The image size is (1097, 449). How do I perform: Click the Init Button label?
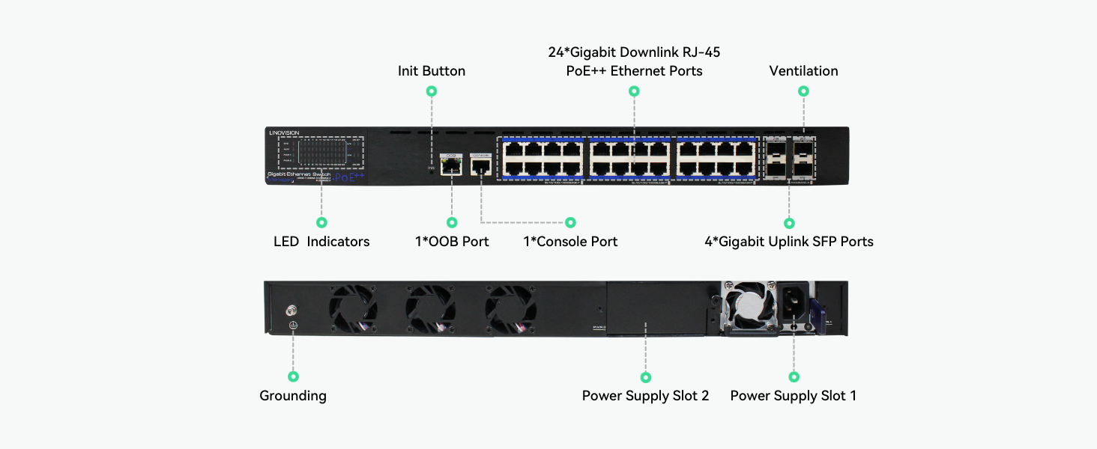click(x=431, y=71)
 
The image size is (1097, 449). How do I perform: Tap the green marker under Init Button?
click(x=431, y=91)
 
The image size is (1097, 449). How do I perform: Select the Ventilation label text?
click(x=803, y=71)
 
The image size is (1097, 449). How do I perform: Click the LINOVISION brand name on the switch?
click(x=284, y=132)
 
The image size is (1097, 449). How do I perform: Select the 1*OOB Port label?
click(x=452, y=242)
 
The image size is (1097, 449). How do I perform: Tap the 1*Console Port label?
click(x=570, y=242)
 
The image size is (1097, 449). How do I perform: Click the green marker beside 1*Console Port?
click(x=570, y=222)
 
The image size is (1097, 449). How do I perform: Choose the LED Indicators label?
click(x=321, y=242)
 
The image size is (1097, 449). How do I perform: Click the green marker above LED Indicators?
click(x=321, y=222)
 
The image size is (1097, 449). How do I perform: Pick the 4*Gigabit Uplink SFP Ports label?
click(x=789, y=242)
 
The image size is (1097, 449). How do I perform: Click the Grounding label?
click(x=293, y=396)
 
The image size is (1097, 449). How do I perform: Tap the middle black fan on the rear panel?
click(x=431, y=308)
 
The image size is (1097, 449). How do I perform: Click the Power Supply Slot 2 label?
click(x=645, y=396)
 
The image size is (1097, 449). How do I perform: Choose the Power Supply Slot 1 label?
click(x=793, y=396)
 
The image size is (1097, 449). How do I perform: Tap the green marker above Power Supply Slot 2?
click(x=646, y=377)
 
